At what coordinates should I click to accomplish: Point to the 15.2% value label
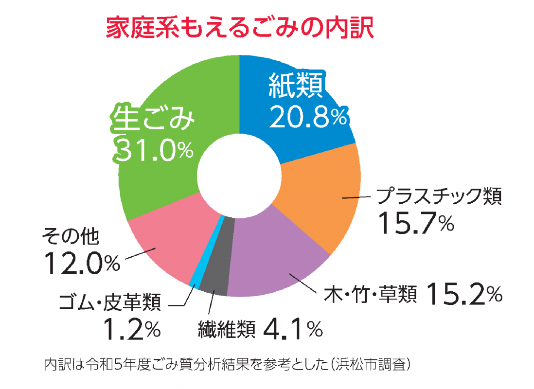[x=464, y=293]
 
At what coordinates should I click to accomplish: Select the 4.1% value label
[x=292, y=329]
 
